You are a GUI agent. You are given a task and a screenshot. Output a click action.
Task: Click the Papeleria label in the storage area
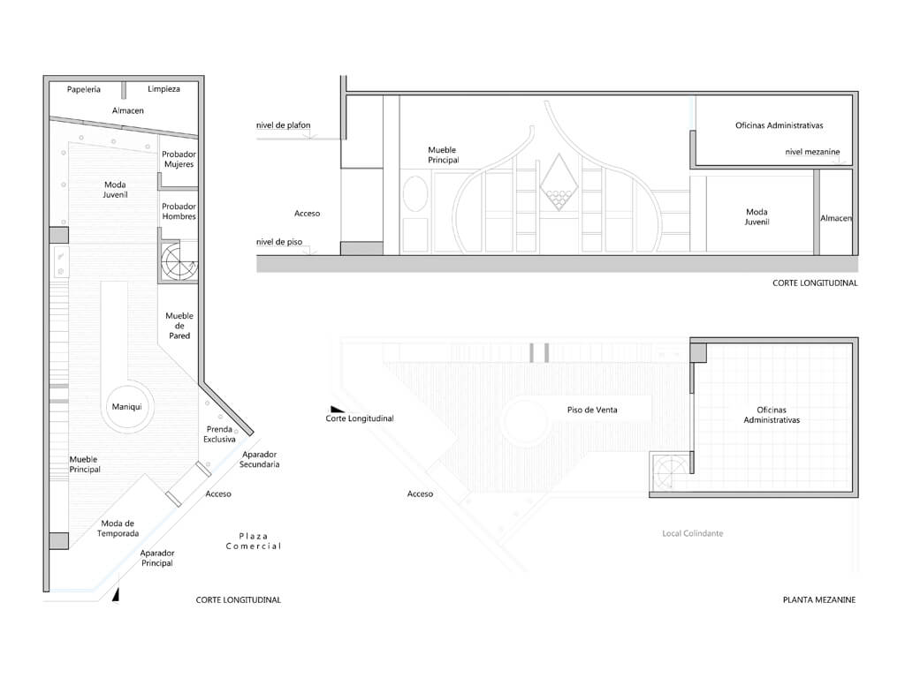click(x=84, y=89)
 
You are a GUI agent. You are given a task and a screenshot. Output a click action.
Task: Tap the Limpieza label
click(x=164, y=89)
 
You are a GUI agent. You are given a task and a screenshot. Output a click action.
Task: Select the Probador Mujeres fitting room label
click(x=179, y=159)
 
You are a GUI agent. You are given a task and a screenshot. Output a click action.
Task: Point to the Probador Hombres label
click(x=179, y=211)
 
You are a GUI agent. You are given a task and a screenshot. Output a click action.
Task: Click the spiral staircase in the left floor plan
click(x=179, y=261)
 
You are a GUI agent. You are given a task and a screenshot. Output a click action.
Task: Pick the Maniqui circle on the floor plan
click(x=127, y=406)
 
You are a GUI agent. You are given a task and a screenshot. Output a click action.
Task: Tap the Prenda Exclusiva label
click(x=219, y=434)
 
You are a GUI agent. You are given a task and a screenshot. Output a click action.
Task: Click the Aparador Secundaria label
click(x=260, y=459)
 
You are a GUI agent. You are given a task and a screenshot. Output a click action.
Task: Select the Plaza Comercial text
click(x=254, y=541)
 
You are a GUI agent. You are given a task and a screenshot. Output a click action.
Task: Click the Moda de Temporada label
click(x=118, y=528)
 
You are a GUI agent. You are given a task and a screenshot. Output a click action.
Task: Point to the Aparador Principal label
click(x=157, y=558)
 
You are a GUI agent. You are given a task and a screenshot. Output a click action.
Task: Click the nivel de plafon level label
click(x=284, y=125)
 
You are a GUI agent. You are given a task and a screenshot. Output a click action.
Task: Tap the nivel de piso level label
click(x=279, y=242)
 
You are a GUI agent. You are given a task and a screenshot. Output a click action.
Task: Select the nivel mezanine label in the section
click(x=813, y=152)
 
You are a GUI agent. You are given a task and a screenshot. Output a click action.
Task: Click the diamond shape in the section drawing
click(x=559, y=182)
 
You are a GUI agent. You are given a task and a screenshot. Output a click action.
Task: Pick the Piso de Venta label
click(x=592, y=410)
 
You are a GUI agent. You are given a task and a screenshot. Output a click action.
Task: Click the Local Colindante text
click(x=693, y=533)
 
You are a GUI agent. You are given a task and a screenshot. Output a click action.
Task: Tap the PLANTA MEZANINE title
click(x=819, y=599)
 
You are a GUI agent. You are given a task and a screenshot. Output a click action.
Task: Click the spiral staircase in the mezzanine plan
click(x=670, y=471)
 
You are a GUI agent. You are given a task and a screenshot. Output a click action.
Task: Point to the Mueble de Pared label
click(x=179, y=325)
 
